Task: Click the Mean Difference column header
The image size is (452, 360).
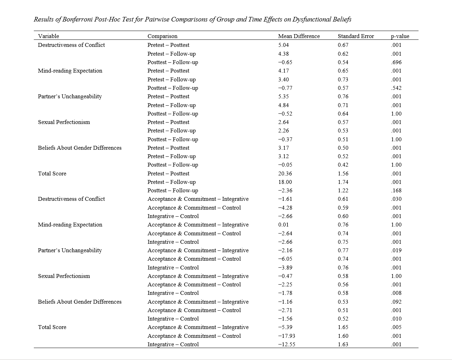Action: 299,36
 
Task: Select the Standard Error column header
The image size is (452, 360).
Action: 355,36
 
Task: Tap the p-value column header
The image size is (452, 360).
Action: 400,36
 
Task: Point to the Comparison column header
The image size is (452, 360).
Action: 162,36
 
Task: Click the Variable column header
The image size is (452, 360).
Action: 49,36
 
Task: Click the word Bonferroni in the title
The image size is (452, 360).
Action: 78,19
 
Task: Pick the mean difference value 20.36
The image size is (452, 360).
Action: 285,174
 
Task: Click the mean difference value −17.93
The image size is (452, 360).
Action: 286,336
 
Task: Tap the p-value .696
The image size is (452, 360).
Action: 396,62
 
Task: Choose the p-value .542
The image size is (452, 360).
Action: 396,88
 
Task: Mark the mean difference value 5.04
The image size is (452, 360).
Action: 283,45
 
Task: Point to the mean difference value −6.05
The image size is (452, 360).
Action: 285,259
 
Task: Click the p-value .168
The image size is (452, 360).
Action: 396,191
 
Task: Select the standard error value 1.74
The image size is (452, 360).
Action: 343,182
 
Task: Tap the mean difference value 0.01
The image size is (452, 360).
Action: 283,225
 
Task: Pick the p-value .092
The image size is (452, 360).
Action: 396,302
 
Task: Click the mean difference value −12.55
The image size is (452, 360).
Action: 286,345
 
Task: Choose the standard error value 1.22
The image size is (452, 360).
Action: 343,191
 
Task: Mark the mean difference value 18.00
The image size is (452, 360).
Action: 285,182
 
